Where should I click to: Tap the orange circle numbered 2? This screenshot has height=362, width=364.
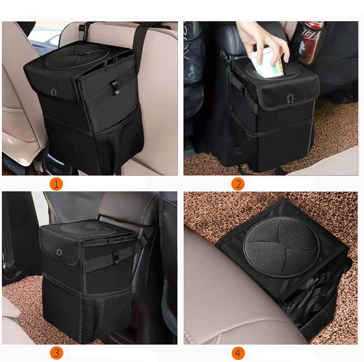point(238,184)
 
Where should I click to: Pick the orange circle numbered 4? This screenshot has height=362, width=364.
point(238,353)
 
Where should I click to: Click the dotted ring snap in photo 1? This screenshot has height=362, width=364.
point(54,91)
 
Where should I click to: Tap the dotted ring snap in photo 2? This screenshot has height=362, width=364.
point(291,98)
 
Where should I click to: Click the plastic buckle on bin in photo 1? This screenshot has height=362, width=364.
point(115,88)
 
